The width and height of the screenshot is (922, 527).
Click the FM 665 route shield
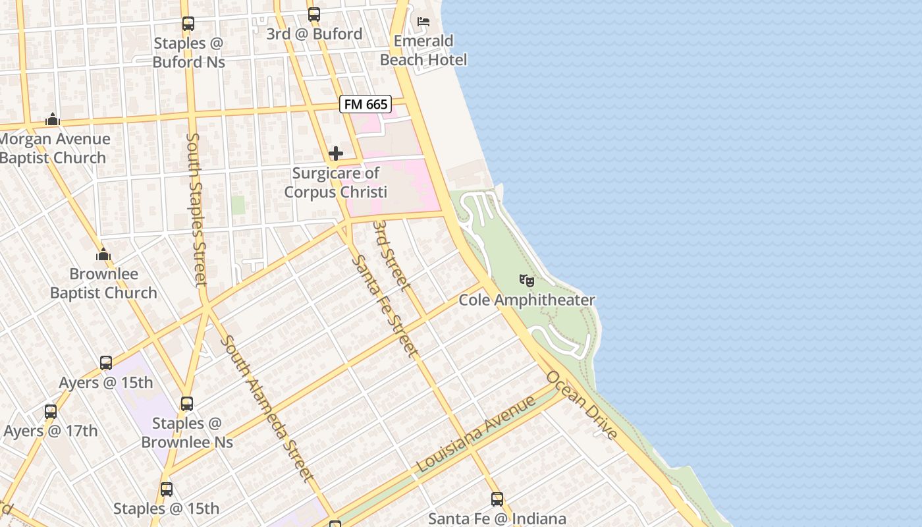point(366,104)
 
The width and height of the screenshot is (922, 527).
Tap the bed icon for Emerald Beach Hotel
point(423,22)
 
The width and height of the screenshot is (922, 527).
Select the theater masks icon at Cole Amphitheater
point(527,281)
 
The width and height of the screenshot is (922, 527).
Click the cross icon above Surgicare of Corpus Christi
point(336,154)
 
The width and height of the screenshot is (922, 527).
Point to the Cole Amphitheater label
point(527,300)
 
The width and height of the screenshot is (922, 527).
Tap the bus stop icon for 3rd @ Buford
point(314,14)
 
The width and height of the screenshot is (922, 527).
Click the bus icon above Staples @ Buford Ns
point(188,24)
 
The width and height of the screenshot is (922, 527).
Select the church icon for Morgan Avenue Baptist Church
point(53,120)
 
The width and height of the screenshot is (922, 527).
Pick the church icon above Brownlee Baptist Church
point(103,254)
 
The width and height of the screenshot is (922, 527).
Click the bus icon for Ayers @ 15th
point(106,363)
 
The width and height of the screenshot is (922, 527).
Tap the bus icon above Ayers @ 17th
point(51,412)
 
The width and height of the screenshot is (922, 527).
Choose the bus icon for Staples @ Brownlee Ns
point(187,404)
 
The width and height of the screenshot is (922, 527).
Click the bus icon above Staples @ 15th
point(167,489)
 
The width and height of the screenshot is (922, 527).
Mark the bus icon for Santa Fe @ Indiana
point(497,499)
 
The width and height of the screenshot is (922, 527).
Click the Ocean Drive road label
point(583,405)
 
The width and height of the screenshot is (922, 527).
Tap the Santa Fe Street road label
point(385,306)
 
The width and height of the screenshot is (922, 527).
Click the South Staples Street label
point(196,209)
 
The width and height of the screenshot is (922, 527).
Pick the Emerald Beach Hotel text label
point(423,51)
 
